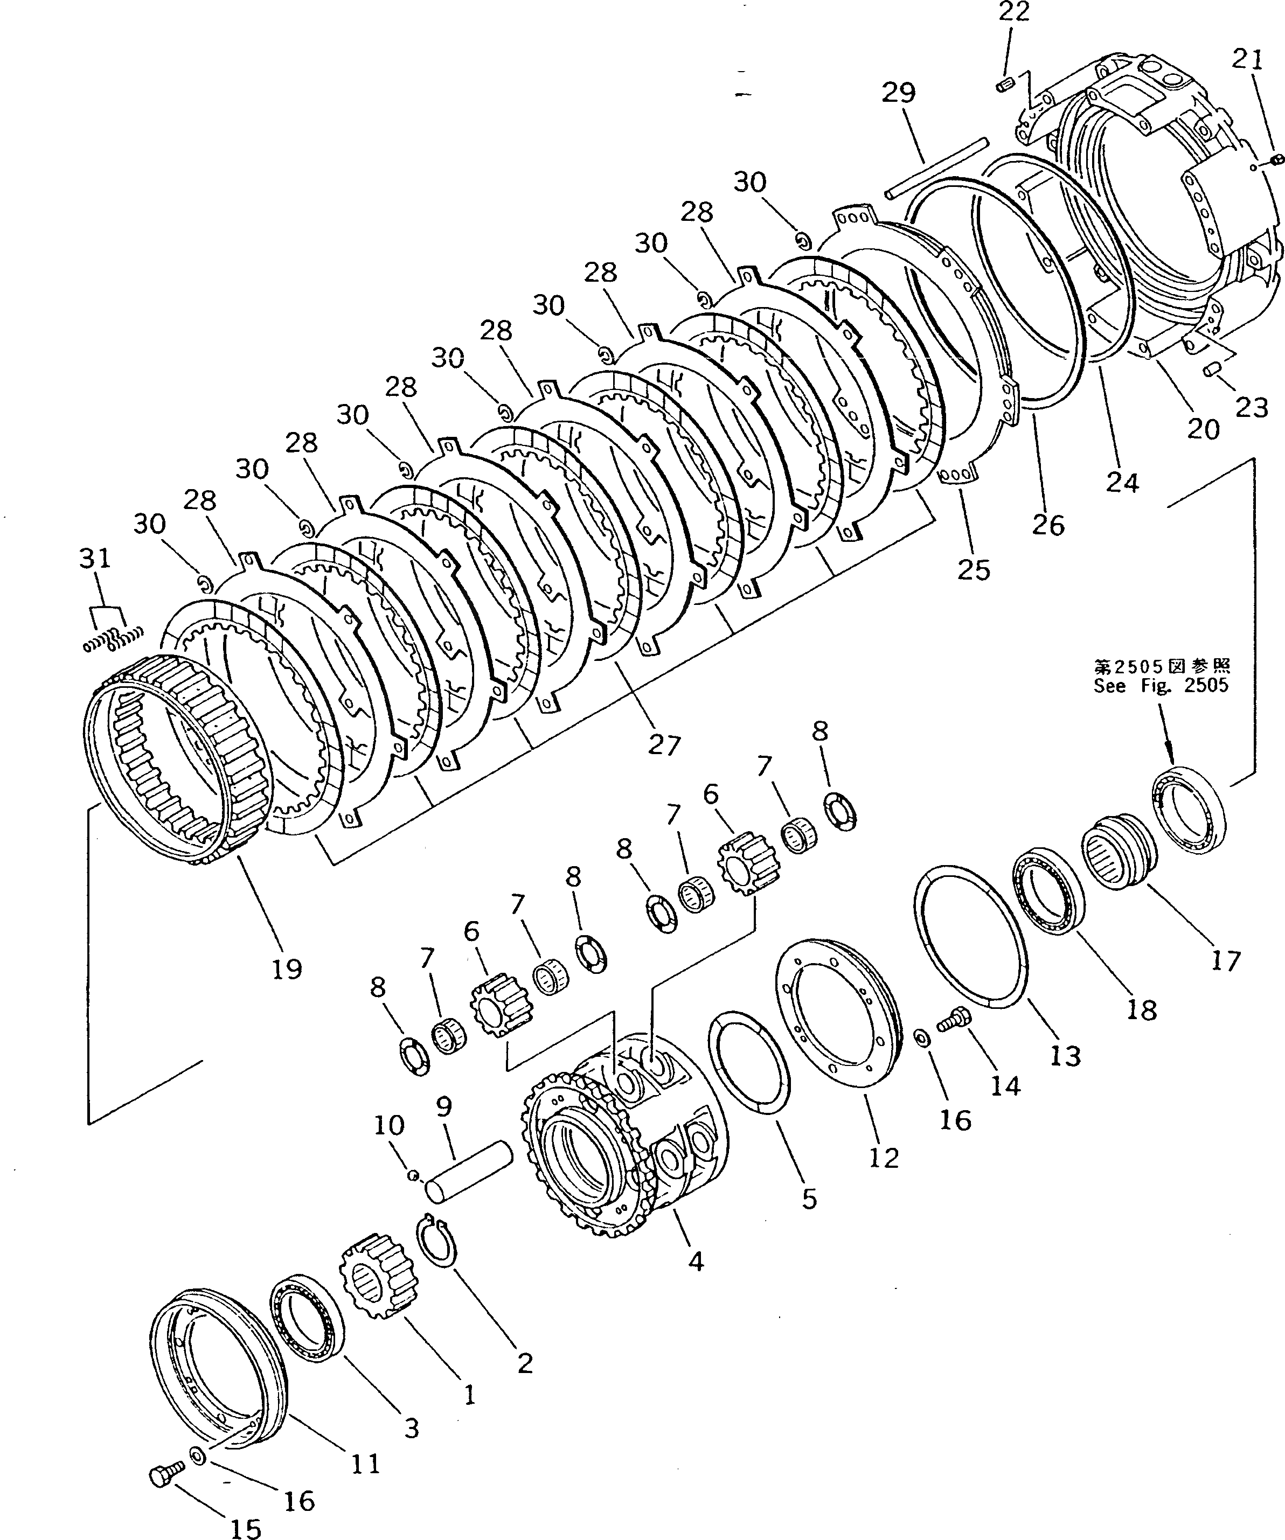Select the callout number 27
664,744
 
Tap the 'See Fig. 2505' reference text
1161,686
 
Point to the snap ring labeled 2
438,1240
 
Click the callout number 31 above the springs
95,558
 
